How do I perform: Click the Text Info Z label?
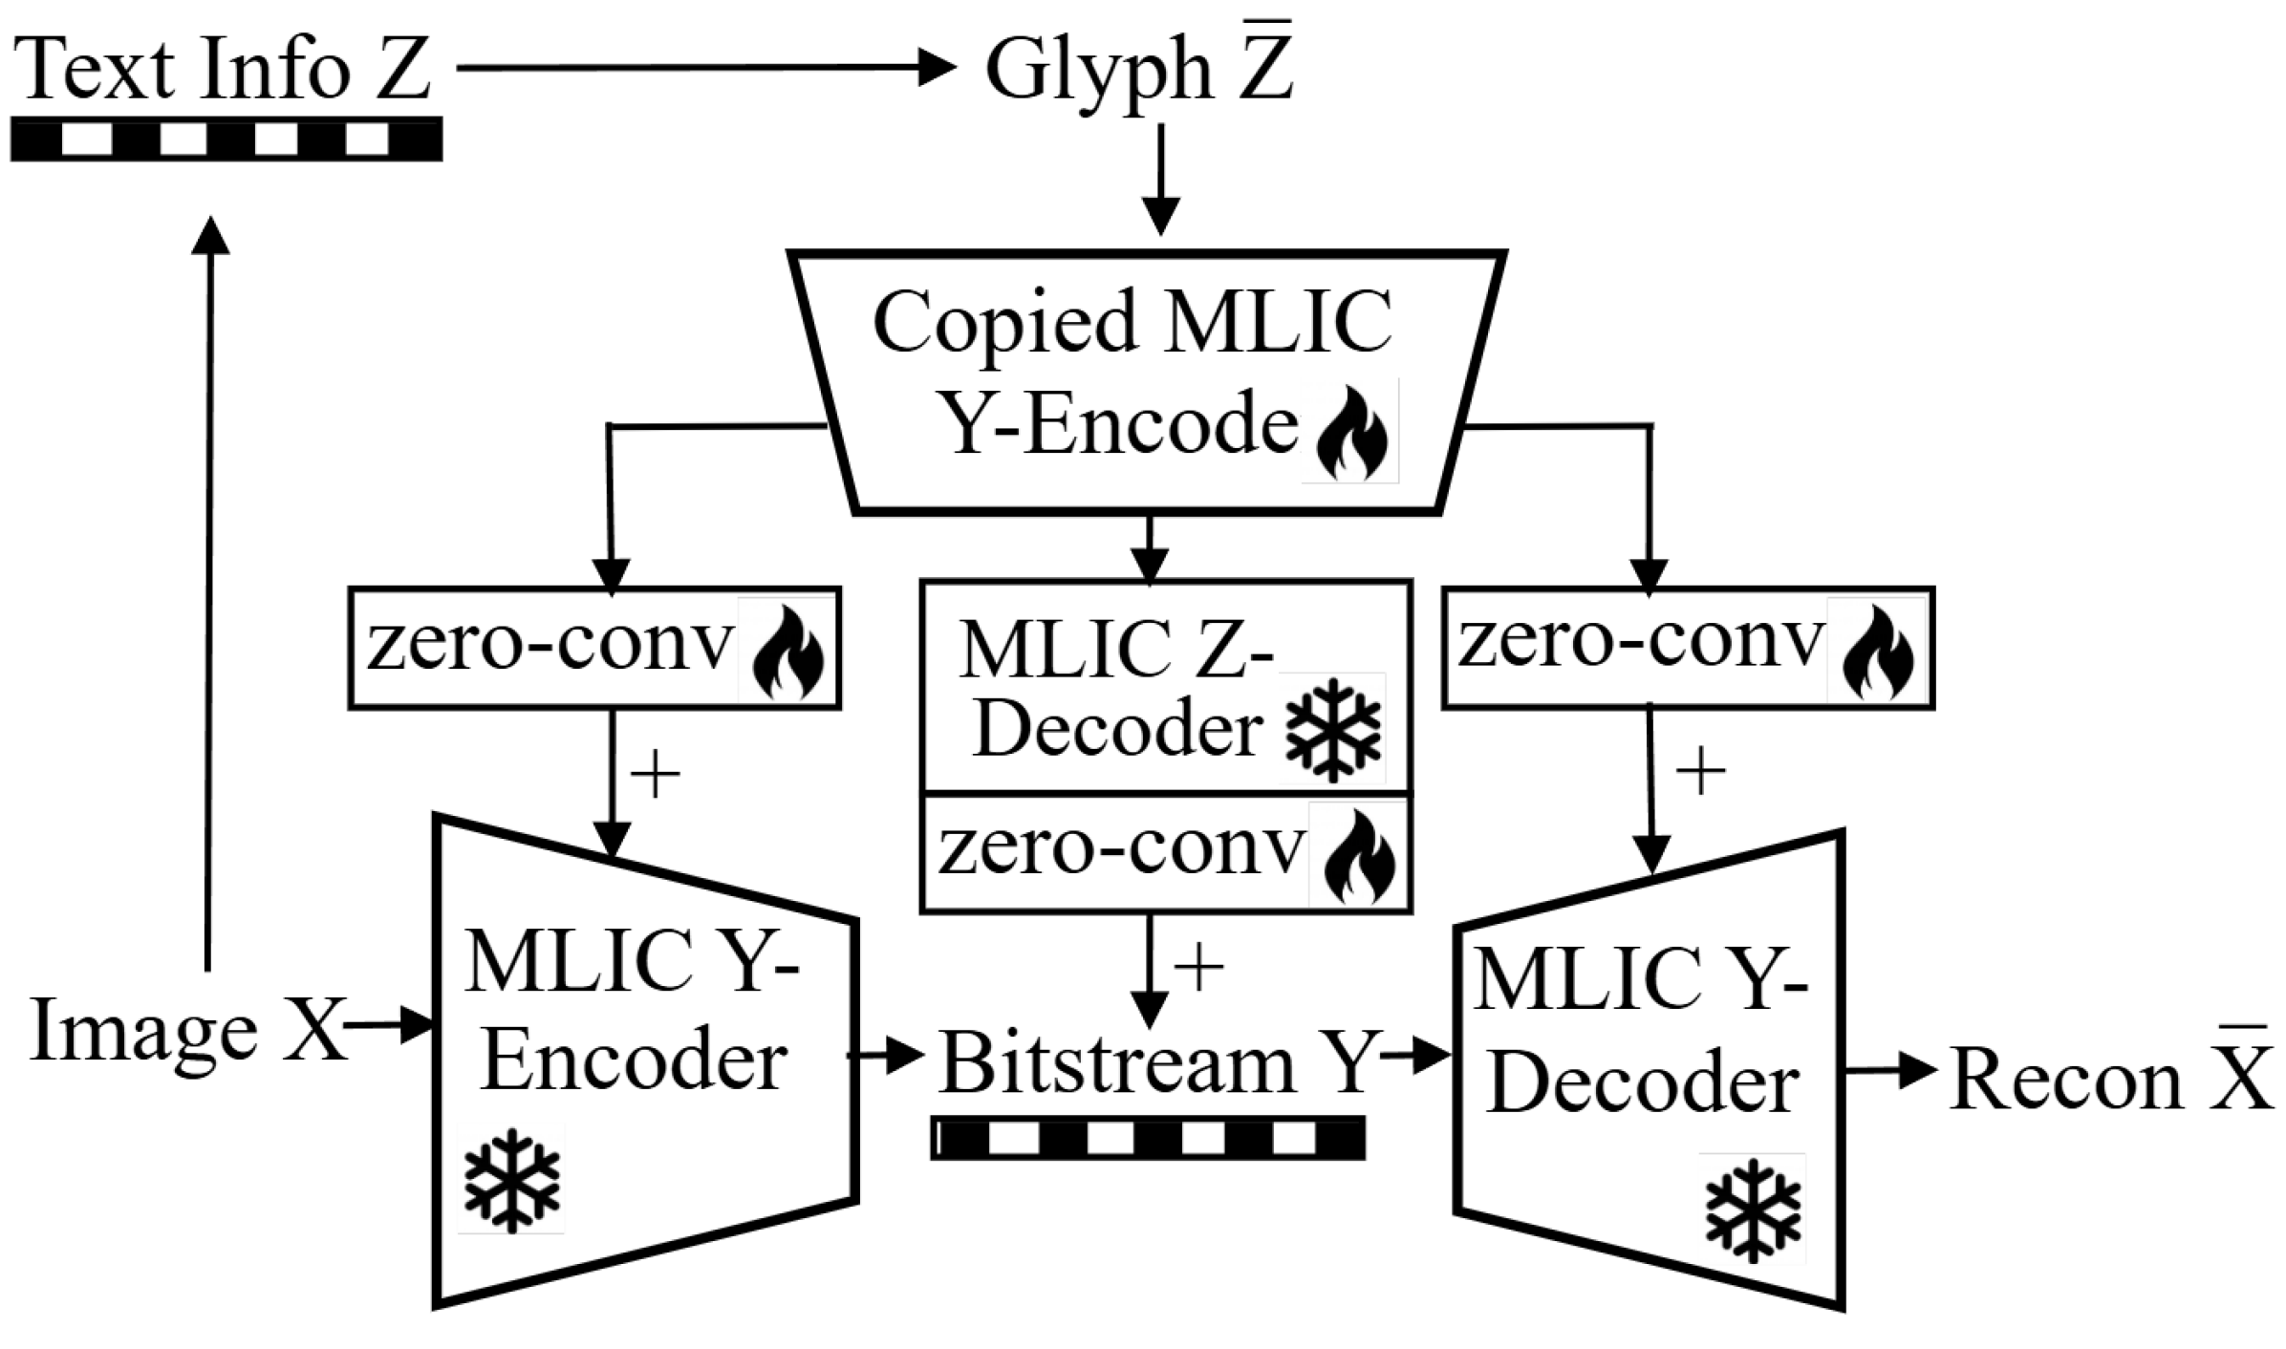(x=222, y=69)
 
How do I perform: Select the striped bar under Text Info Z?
(x=226, y=139)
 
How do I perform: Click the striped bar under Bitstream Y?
(x=1148, y=1138)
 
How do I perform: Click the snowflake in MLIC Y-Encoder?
(x=511, y=1180)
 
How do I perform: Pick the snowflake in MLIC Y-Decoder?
(x=1753, y=1210)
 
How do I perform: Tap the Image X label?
(x=187, y=1031)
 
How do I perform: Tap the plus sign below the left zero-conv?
(x=656, y=773)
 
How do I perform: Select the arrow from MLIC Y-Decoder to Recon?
(x=1888, y=1072)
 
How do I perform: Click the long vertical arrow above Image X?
(x=209, y=592)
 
